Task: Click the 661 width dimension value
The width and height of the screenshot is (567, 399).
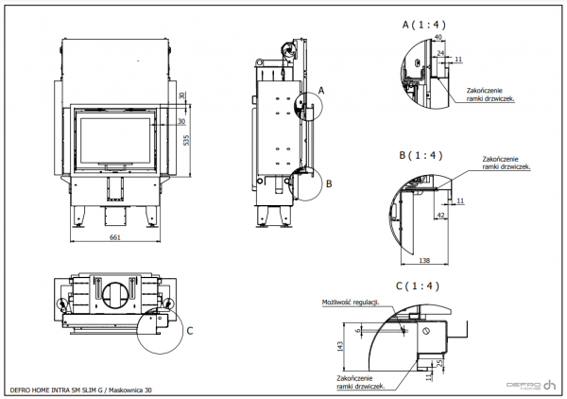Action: pos(113,237)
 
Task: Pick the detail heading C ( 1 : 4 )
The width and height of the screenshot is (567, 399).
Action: pos(419,285)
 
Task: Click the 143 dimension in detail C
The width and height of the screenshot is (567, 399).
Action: pos(341,345)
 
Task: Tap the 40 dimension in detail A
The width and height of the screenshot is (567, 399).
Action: pos(438,37)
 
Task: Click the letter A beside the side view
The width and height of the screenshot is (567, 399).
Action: pos(320,89)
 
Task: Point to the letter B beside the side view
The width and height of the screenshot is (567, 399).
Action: pos(328,183)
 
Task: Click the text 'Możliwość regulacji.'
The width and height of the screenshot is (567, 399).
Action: pos(350,303)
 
